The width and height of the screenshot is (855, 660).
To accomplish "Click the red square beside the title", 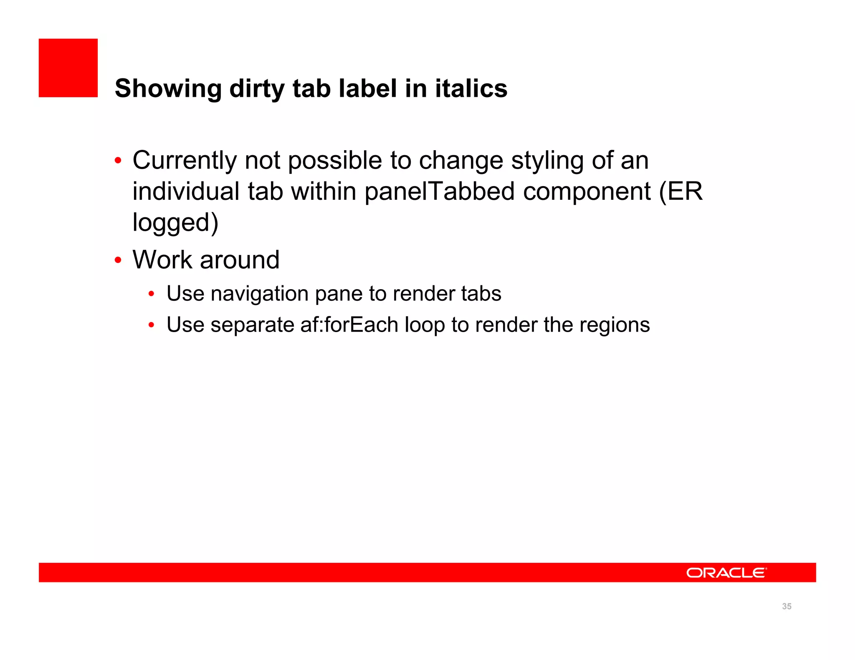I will pyautogui.click(x=68, y=68).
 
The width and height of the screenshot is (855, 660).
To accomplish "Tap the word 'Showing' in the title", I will pyautogui.click(x=168, y=88).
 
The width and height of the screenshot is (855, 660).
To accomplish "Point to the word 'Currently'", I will pyautogui.click(x=185, y=161).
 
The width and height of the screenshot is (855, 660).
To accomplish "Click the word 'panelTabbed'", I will pyautogui.click(x=440, y=191).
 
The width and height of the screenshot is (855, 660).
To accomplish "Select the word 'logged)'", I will pyautogui.click(x=175, y=222).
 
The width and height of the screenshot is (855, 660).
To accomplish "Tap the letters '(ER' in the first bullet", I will pyautogui.click(x=681, y=191).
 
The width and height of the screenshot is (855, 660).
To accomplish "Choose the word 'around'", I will pyautogui.click(x=240, y=259).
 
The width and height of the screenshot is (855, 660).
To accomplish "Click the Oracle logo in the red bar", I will pyautogui.click(x=726, y=573).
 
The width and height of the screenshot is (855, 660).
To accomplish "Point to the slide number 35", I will pyautogui.click(x=787, y=607).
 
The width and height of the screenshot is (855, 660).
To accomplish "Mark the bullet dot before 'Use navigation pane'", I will pyautogui.click(x=152, y=294).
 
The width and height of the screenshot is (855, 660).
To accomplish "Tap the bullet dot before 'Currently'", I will pyautogui.click(x=118, y=161).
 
